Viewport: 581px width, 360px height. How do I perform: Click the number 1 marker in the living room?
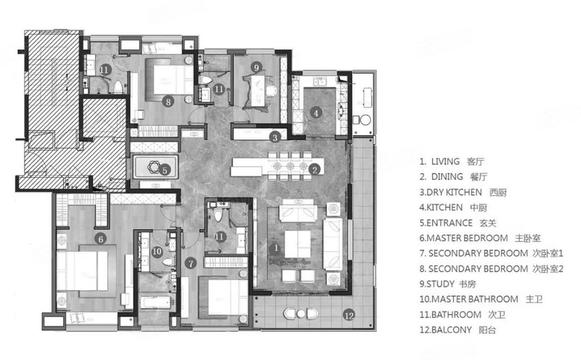coord(276,247)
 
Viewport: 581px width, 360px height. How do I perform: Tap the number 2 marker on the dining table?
coord(314,170)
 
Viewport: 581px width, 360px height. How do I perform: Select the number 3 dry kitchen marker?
coord(275,138)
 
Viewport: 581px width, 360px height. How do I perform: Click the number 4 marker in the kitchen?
coord(316,112)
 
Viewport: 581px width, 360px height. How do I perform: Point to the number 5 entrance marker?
coord(165,170)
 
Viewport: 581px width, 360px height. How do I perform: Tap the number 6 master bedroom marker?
coord(100,239)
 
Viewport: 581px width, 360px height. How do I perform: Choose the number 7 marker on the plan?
coord(190,263)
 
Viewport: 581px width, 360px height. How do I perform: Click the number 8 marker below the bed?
coord(168,101)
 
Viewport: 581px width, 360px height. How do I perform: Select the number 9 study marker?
coord(256,67)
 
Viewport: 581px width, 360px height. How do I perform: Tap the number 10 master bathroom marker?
coord(157,251)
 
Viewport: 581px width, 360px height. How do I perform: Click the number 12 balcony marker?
coord(349,315)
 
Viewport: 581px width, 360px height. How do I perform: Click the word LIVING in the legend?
coord(445,161)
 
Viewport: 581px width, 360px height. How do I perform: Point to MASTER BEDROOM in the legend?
coord(467,238)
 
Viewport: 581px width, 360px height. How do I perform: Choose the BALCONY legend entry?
coord(452,330)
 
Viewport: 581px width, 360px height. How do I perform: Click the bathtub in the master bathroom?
coord(155,302)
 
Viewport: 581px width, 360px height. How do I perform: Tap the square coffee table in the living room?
coord(298,244)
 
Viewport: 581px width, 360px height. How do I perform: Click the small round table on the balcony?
coord(301,314)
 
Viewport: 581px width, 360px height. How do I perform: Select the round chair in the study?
coord(272,91)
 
